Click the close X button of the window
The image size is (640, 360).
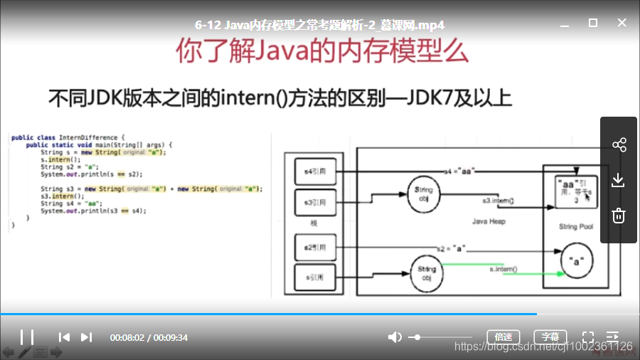click(x=622, y=23)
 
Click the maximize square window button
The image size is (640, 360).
click(x=593, y=23)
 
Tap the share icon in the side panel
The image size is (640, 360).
click(x=619, y=145)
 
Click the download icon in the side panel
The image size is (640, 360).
click(x=619, y=180)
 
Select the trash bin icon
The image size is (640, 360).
click(x=619, y=215)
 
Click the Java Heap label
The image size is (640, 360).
click(x=489, y=221)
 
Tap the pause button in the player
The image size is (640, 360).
click(x=27, y=337)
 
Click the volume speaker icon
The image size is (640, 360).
click(x=395, y=337)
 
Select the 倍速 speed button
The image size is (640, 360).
click(x=503, y=337)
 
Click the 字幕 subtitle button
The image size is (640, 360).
click(x=550, y=337)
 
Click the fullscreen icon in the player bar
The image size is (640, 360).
click(x=588, y=337)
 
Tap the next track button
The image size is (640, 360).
click(x=87, y=337)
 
